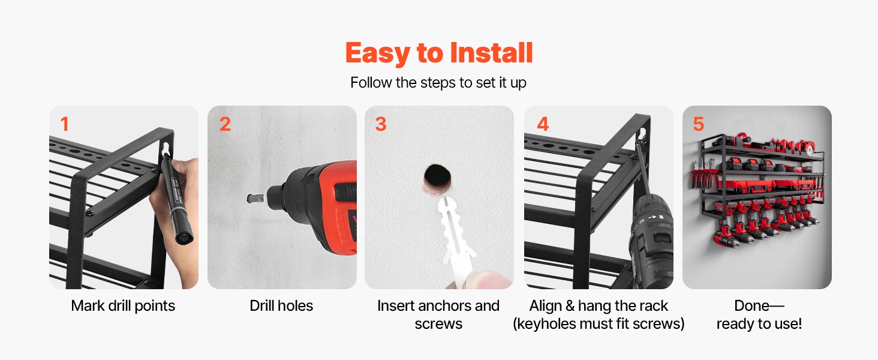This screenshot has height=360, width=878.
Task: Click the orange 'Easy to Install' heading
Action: (439, 53)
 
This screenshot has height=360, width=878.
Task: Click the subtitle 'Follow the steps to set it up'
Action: (438, 83)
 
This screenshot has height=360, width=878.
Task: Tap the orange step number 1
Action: (65, 124)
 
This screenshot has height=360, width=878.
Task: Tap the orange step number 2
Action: (225, 124)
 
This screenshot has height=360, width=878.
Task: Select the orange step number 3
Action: (381, 124)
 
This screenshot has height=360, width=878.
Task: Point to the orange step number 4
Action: (543, 124)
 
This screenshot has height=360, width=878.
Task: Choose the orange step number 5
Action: (699, 124)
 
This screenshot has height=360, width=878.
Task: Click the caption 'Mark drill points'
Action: (123, 306)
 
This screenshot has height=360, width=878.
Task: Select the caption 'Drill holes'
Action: (281, 306)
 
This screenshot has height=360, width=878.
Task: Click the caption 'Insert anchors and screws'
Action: (438, 314)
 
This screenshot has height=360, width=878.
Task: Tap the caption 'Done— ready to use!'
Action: (759, 314)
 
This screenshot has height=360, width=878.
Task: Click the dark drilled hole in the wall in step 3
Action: (437, 176)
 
